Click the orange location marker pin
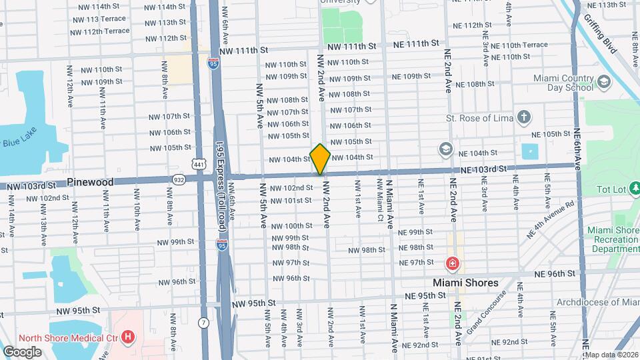coord(320,159)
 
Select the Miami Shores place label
coord(465,283)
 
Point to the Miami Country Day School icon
coord(604,82)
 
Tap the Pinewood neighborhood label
coord(90,182)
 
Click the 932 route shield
coord(179,179)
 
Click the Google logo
coord(21,352)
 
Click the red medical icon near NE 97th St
coord(453,264)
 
